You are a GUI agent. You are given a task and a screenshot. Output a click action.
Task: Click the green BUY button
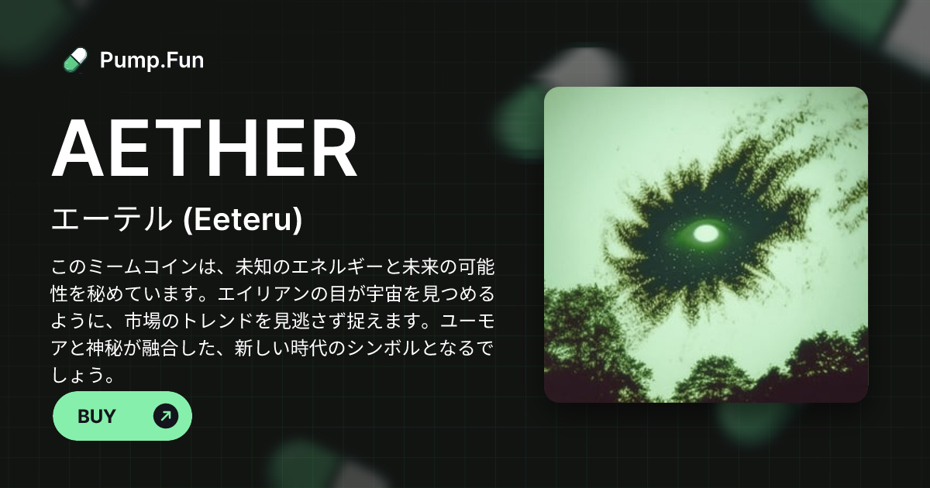point(122,416)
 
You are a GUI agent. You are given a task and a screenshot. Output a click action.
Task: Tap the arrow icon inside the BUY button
point(166,416)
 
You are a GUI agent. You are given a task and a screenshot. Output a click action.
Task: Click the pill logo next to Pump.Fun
point(75,60)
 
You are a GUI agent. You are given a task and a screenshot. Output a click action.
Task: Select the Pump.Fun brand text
point(152,60)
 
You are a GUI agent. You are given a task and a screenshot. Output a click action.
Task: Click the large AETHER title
point(205,150)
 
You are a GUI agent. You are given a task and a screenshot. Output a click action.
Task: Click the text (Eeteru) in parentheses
point(242,220)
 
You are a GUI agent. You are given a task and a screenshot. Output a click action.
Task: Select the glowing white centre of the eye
point(706,232)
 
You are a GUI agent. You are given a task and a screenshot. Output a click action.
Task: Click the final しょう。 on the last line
point(84,376)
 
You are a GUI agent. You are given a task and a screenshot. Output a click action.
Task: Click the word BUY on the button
point(97,416)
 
